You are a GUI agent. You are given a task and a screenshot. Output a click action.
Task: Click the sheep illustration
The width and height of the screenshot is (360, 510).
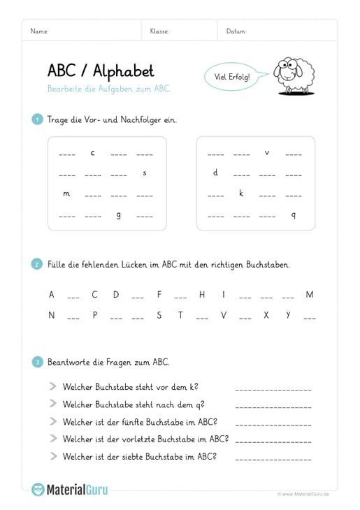[x=294, y=74]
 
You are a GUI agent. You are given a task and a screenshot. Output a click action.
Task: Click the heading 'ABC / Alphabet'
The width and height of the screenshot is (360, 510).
[x=101, y=71]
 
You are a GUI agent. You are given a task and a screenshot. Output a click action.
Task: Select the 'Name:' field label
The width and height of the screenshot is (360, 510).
[x=40, y=31]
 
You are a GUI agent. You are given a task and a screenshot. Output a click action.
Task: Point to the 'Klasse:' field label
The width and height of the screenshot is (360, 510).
[x=159, y=31]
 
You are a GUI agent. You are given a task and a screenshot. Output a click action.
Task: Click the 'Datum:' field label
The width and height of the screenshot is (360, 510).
[x=236, y=31]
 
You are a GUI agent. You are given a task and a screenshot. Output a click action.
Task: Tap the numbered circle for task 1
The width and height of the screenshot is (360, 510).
[x=37, y=119]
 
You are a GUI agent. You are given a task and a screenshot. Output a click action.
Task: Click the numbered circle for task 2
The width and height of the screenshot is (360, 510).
[x=37, y=265]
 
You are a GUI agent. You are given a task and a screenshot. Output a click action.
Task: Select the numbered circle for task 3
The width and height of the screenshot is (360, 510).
[x=37, y=362]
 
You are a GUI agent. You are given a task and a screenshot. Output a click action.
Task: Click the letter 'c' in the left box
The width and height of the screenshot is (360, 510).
[x=92, y=152]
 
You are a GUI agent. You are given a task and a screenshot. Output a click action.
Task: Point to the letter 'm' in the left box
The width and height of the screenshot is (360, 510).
[x=66, y=194]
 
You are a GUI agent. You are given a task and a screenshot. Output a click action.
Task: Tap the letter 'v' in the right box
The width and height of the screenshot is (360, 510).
[x=267, y=152]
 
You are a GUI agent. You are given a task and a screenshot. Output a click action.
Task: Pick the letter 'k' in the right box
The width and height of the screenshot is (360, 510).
[x=241, y=193]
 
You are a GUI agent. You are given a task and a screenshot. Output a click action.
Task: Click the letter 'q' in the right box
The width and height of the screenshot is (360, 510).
[x=294, y=214]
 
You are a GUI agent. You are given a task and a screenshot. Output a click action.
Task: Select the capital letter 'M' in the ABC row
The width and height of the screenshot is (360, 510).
[x=310, y=295]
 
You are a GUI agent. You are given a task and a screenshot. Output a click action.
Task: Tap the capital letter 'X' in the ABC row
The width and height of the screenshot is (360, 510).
[x=266, y=315]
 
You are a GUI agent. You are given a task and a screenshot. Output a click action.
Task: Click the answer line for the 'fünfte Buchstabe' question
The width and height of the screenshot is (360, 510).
[x=273, y=425]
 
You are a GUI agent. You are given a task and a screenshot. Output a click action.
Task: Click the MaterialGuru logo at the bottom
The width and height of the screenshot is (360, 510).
[x=70, y=490]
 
